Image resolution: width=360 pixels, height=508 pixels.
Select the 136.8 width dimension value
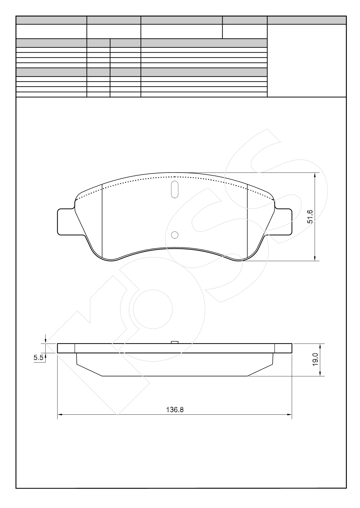pyautogui.click(x=175, y=410)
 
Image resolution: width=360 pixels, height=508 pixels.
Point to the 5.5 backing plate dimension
pyautogui.click(x=38, y=358)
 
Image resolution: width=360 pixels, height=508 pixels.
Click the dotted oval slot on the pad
pyautogui.click(x=175, y=189)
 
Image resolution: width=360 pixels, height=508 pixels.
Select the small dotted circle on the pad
pyautogui.click(x=175, y=235)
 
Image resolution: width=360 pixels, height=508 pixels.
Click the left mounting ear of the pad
pyautogui.click(x=66, y=222)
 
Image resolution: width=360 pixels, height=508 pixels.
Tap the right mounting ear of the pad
pyautogui.click(x=283, y=222)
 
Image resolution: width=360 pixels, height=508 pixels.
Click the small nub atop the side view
pyautogui.click(x=175, y=342)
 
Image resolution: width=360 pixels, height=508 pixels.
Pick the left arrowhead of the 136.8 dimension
pyautogui.click(x=59, y=414)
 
